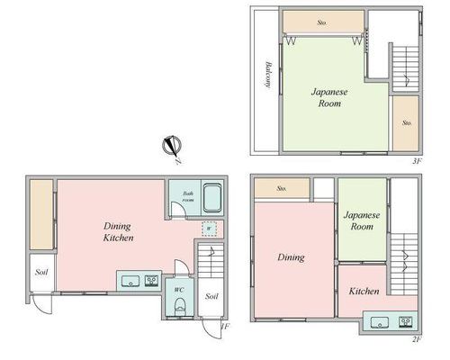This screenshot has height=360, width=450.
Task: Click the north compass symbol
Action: [172, 146]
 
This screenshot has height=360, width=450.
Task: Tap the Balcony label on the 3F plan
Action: [268, 75]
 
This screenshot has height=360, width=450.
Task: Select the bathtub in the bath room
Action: [213, 198]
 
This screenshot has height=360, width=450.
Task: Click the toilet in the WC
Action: [180, 305]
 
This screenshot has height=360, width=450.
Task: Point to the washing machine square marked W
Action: [210, 229]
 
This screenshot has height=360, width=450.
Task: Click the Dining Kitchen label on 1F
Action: [118, 232]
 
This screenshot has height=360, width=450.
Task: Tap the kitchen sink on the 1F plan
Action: [130, 281]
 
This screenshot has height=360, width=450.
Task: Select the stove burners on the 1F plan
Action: [151, 281]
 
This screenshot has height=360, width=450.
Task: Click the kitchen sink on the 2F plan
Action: [380, 322]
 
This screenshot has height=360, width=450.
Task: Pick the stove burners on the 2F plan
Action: [406, 322]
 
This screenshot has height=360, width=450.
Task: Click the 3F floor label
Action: [417, 161]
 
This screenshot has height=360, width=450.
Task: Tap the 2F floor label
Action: [417, 339]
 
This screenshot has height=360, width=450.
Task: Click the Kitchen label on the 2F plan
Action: [364, 291]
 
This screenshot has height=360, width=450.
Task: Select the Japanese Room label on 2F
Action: [362, 220]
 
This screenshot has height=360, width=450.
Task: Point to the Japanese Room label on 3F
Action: [329, 97]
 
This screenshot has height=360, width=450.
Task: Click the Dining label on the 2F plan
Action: [291, 257]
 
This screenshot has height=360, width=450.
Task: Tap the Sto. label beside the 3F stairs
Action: [407, 122]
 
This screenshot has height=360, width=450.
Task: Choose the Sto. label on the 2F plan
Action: [282, 188]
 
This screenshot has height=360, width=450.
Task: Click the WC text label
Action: [179, 290]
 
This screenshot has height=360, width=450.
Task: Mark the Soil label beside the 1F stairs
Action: [211, 296]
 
